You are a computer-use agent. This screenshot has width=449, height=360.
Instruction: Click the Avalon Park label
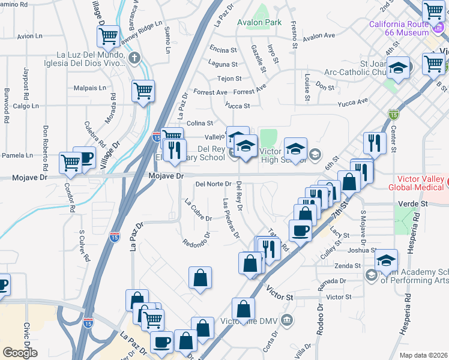tap(259, 22)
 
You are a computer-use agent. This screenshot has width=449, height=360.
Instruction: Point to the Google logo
tap(20, 353)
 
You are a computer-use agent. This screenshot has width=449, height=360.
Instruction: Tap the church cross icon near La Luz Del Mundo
tap(134, 58)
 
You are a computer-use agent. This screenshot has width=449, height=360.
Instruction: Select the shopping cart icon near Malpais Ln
tap(143, 91)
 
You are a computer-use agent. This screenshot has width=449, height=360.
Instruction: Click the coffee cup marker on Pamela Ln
tap(85, 158)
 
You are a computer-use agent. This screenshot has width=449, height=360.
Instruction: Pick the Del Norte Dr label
tap(213, 184)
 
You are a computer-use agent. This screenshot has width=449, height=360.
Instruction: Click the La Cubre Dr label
tap(198, 209)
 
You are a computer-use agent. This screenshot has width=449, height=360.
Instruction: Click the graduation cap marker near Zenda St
tap(386, 260)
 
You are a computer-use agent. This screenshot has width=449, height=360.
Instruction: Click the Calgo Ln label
tap(26, 106)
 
